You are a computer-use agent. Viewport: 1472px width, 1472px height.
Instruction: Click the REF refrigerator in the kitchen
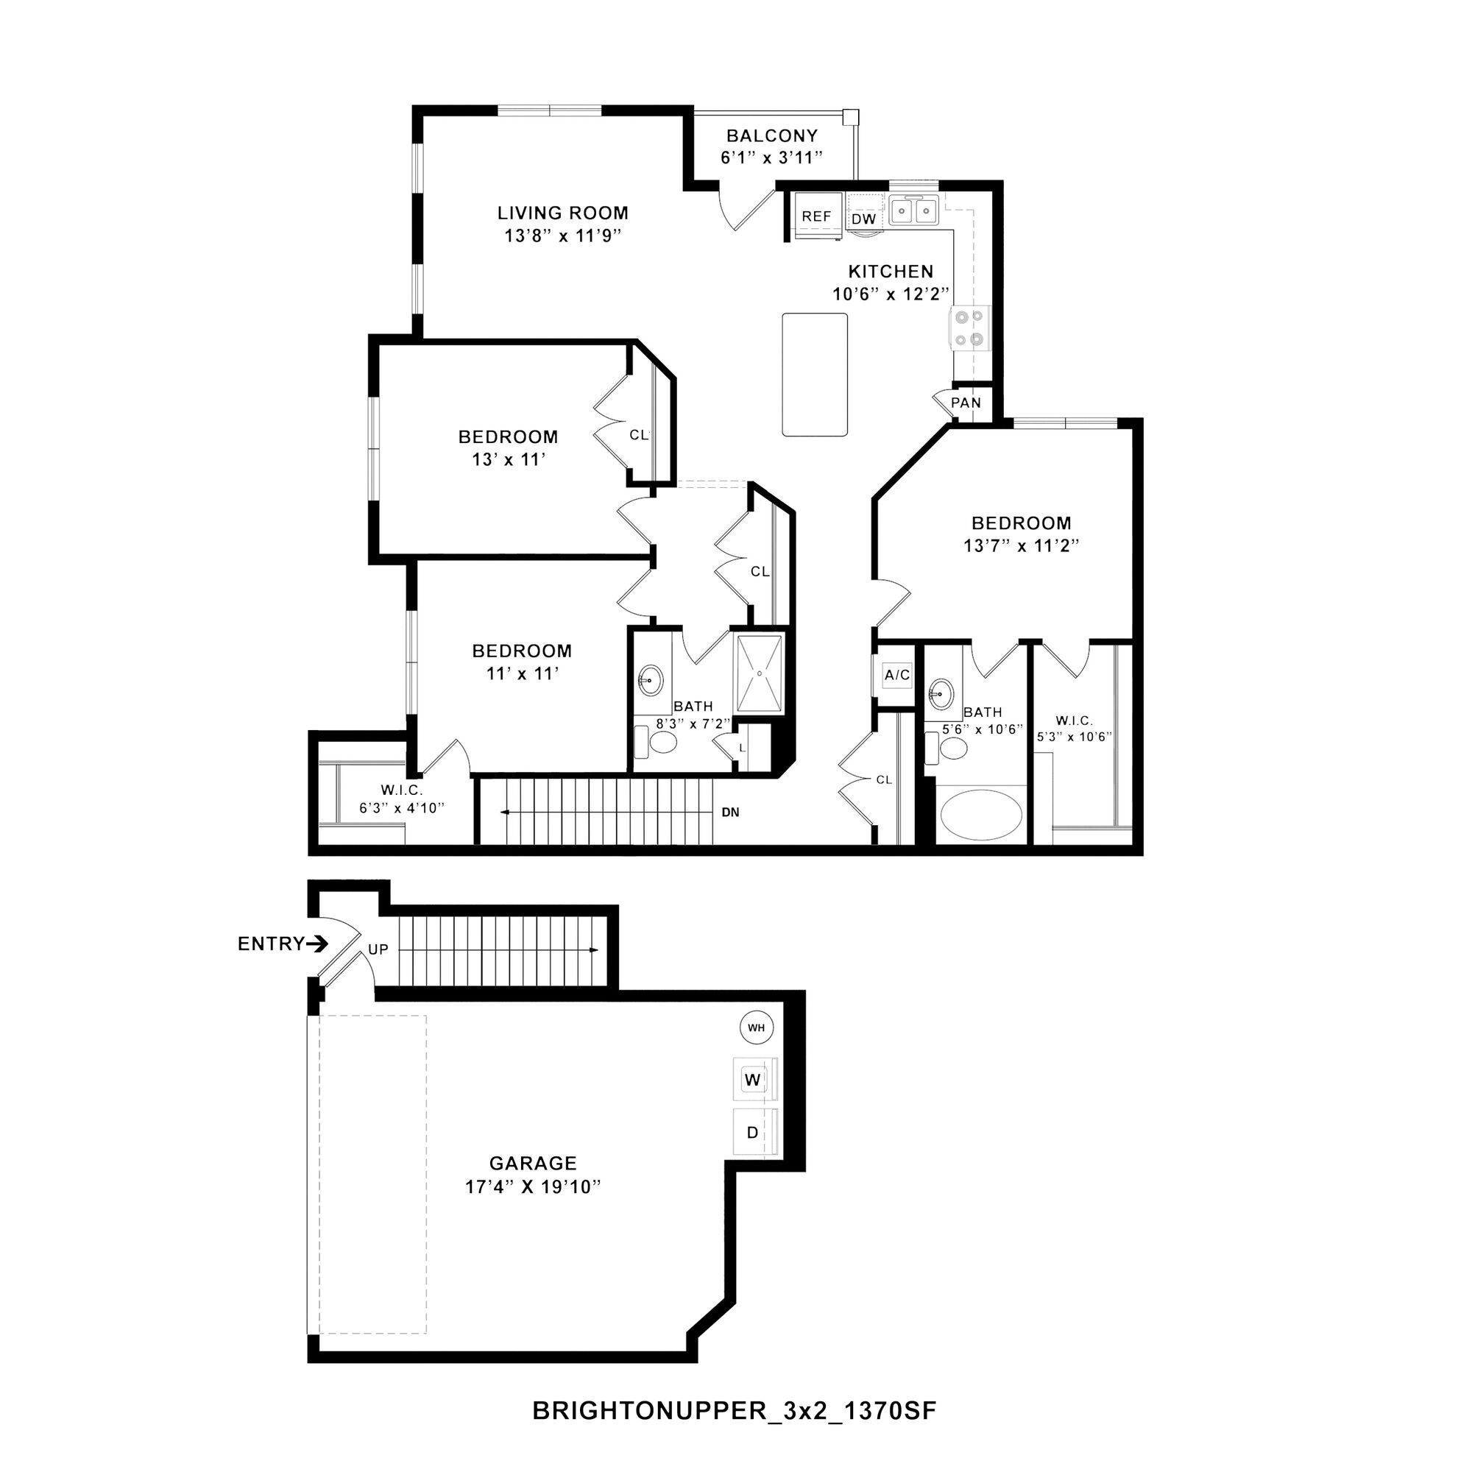click(x=816, y=216)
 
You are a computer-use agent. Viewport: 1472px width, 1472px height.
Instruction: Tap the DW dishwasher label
click(x=864, y=219)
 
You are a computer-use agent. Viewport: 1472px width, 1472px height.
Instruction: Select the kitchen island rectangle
click(x=815, y=374)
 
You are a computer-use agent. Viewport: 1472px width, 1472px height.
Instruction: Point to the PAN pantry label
click(x=966, y=403)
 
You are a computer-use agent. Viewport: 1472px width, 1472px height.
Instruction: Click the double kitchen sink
click(x=913, y=210)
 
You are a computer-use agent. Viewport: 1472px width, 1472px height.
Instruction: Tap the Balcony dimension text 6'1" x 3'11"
click(x=772, y=158)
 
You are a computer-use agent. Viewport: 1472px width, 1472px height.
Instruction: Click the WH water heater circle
click(x=756, y=1027)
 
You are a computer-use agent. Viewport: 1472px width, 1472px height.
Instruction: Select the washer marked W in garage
click(x=754, y=1080)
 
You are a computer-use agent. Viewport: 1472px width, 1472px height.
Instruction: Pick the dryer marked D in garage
click(x=753, y=1133)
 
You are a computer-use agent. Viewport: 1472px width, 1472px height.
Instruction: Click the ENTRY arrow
click(x=317, y=944)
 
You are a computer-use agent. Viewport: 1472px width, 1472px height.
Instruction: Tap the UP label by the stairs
click(x=378, y=949)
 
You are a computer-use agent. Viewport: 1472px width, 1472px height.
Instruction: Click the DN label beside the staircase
click(x=730, y=813)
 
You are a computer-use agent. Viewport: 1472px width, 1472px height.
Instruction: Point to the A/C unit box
click(x=896, y=675)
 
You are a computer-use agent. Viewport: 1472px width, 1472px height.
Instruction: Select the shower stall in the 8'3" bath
click(x=758, y=673)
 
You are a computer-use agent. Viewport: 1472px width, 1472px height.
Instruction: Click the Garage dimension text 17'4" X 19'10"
click(x=534, y=1187)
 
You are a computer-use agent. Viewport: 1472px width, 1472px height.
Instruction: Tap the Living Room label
click(x=563, y=213)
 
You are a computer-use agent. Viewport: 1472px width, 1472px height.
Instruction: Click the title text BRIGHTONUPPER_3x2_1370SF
click(x=734, y=1411)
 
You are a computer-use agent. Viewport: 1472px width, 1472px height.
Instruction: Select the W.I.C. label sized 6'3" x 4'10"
click(x=402, y=791)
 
